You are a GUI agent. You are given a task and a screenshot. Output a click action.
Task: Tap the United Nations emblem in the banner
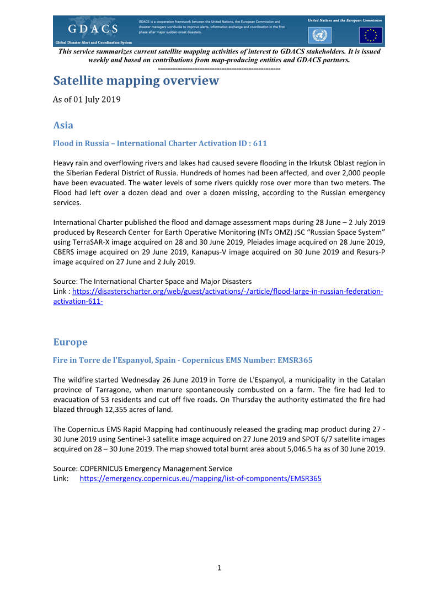[318, 36]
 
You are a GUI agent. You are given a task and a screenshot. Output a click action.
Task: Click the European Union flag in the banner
[370, 36]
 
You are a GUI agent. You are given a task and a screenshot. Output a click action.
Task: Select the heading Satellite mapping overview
[136, 81]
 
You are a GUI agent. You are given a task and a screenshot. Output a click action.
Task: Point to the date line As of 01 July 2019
[87, 100]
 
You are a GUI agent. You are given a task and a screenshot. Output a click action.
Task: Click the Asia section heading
[63, 125]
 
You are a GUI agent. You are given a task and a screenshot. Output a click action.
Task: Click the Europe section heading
[70, 342]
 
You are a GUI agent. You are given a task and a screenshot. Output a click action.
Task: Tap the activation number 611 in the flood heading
[260, 143]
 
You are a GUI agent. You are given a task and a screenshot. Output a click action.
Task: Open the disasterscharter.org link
[227, 291]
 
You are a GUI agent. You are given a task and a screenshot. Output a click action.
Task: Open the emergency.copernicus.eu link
[200, 478]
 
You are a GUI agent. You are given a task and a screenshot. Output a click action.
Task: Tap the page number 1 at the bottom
[219, 568]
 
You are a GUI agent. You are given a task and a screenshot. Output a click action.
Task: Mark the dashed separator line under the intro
[219, 68]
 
